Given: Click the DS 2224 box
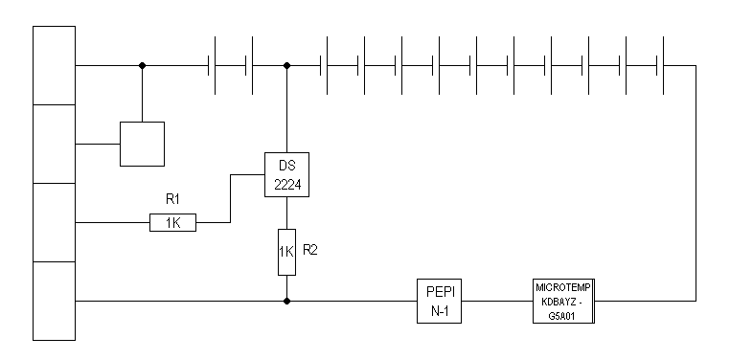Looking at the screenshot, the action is click(x=286, y=174).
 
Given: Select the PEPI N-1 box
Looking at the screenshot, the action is click(x=439, y=301).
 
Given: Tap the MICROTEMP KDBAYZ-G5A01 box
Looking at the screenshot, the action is click(x=564, y=301).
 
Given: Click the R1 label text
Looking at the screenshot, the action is click(x=172, y=199).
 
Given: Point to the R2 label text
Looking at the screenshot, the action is click(x=310, y=250).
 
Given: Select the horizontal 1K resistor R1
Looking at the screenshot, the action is click(x=172, y=222).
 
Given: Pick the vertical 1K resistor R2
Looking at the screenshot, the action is click(x=286, y=252).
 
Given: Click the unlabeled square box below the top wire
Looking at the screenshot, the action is click(x=142, y=144).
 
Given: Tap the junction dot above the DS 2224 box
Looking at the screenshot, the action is click(x=286, y=65).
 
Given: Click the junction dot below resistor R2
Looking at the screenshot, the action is click(x=286, y=301).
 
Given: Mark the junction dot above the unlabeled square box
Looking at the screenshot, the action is click(x=142, y=65).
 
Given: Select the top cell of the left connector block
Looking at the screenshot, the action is click(x=54, y=65).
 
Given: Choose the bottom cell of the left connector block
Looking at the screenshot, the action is click(x=54, y=301).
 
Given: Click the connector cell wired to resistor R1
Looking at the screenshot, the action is click(x=54, y=222).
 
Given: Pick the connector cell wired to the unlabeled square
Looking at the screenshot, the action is click(x=54, y=144).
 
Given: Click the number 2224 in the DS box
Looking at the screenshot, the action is click(x=287, y=185).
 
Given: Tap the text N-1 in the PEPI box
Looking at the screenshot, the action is click(x=439, y=311).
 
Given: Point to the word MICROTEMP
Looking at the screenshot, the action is click(x=564, y=287).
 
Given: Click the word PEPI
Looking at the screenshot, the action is click(x=439, y=293).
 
